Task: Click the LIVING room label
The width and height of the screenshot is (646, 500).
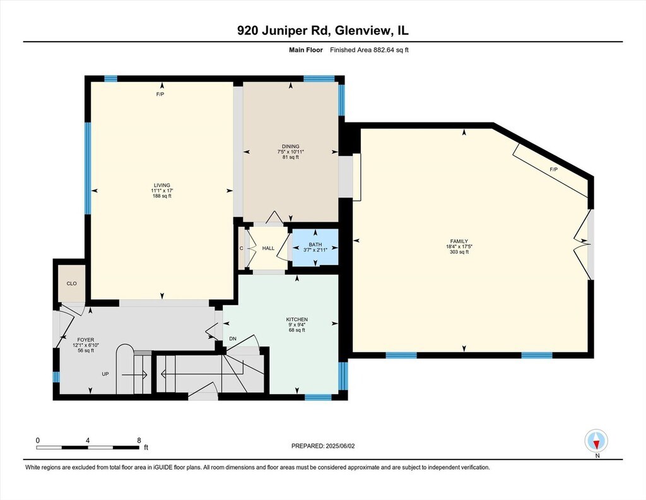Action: (x=162, y=186)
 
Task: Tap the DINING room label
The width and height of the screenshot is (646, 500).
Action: (x=290, y=146)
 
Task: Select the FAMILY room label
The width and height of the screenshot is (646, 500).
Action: (x=459, y=242)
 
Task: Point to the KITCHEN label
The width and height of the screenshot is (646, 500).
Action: (x=297, y=319)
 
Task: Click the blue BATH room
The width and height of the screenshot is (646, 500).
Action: (x=315, y=247)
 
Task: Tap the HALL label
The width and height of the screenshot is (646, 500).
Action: (x=268, y=248)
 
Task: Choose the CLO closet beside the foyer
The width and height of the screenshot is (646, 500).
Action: (x=72, y=283)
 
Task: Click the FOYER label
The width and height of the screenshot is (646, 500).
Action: (x=86, y=340)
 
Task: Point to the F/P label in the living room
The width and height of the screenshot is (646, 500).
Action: (x=160, y=95)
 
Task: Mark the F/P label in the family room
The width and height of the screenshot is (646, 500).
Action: (x=553, y=169)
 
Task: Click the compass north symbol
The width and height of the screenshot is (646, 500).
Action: (x=596, y=441)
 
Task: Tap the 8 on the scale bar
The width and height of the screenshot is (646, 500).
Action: (x=139, y=440)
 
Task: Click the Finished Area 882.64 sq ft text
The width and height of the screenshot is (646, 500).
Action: (x=369, y=50)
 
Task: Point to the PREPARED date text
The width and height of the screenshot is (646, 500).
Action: (x=323, y=446)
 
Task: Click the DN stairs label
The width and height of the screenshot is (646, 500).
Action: (x=233, y=339)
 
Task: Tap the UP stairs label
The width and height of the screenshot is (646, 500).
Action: (x=105, y=374)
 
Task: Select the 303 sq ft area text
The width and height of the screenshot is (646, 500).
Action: (x=459, y=252)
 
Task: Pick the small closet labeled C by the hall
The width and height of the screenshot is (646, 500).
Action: (x=242, y=248)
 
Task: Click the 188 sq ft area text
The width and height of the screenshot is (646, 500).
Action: (x=162, y=196)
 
